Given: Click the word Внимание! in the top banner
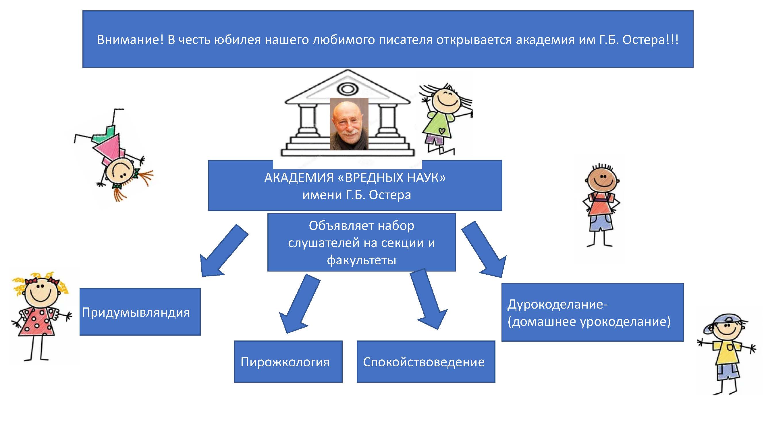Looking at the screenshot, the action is click(130, 40).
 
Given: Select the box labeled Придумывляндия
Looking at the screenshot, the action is click(140, 311).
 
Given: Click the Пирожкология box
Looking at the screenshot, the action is click(288, 361).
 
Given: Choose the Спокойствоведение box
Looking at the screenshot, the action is click(426, 361).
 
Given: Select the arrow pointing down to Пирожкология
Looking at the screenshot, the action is click(299, 304).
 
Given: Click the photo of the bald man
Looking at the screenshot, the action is click(349, 124).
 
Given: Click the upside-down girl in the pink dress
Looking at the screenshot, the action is click(115, 155).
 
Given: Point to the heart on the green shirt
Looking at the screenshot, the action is click(442, 130).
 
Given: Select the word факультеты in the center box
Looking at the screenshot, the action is click(362, 260).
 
